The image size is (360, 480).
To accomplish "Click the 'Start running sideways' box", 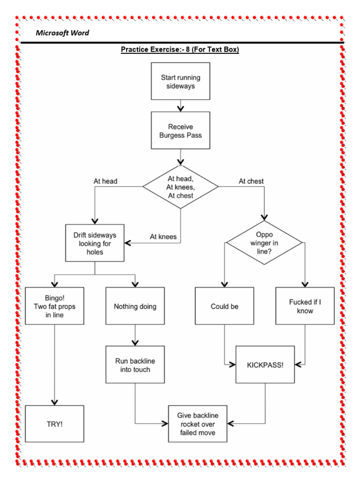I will tap(180, 82).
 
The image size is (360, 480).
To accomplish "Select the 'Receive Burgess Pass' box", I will tap(180, 130).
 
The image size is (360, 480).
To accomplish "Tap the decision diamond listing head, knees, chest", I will tap(180, 187).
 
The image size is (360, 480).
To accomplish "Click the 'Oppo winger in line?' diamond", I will tap(264, 243).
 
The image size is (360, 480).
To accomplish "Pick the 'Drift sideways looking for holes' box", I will tap(95, 243).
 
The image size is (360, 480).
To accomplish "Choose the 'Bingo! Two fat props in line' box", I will tap(54, 306).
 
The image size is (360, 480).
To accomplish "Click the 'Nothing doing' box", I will tap(135, 306).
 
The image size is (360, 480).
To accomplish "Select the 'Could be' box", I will tap(225, 306).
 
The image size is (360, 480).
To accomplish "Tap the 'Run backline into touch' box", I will tap(135, 365).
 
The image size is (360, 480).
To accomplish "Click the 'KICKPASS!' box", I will tap(265, 365).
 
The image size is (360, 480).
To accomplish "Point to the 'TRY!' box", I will tap(54, 424).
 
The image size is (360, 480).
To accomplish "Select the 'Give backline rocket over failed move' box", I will tap(197, 424).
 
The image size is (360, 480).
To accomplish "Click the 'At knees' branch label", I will tap(163, 237).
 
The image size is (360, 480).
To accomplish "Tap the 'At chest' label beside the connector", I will tap(251, 181).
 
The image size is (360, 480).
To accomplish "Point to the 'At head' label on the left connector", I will tap(105, 181).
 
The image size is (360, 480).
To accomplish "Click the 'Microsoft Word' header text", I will tap(62, 33).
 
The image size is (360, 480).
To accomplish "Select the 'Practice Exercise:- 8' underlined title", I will tap(180, 50).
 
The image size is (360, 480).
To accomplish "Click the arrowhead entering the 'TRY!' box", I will tap(54, 402).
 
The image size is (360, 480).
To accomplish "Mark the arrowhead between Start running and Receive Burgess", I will tap(180, 108).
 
